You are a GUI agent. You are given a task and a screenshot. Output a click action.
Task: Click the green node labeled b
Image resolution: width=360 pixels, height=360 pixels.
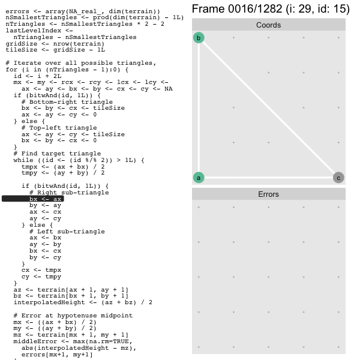(x=199, y=38)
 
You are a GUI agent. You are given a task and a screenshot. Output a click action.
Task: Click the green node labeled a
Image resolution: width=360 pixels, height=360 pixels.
(x=199, y=178)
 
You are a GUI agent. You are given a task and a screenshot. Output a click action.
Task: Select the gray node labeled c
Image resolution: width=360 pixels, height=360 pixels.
(x=338, y=178)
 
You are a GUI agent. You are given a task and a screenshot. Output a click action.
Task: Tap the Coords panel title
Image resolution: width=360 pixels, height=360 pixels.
(x=268, y=25)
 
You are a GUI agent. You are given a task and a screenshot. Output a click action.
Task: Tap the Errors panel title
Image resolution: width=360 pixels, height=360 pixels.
(x=268, y=194)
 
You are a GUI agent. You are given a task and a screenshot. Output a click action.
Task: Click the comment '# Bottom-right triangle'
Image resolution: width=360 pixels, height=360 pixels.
(x=67, y=102)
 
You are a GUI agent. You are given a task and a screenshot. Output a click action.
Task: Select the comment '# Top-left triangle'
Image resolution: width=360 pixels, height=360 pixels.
(x=59, y=128)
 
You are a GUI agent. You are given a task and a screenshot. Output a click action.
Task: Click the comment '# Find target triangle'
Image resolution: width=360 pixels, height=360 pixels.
(x=57, y=154)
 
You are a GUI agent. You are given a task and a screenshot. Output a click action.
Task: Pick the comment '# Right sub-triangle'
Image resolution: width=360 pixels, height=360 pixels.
(x=69, y=193)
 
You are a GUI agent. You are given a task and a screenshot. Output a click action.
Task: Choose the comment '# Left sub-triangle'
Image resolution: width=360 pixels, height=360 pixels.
(x=67, y=232)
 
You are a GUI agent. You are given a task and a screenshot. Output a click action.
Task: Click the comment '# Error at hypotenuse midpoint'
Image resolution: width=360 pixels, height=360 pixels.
(x=73, y=316)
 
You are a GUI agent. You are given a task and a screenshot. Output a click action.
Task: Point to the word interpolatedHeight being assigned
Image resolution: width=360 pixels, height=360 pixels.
(x=49, y=302)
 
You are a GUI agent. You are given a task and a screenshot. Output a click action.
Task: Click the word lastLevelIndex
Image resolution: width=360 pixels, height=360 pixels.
(x=33, y=31)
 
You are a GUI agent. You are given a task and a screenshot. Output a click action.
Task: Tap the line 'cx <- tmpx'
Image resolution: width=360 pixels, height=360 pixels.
(x=41, y=270)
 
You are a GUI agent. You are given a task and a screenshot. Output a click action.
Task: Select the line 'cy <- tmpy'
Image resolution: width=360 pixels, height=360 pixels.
(x=41, y=277)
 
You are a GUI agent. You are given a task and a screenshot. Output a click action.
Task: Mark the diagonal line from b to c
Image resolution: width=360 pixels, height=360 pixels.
(x=268, y=107)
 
